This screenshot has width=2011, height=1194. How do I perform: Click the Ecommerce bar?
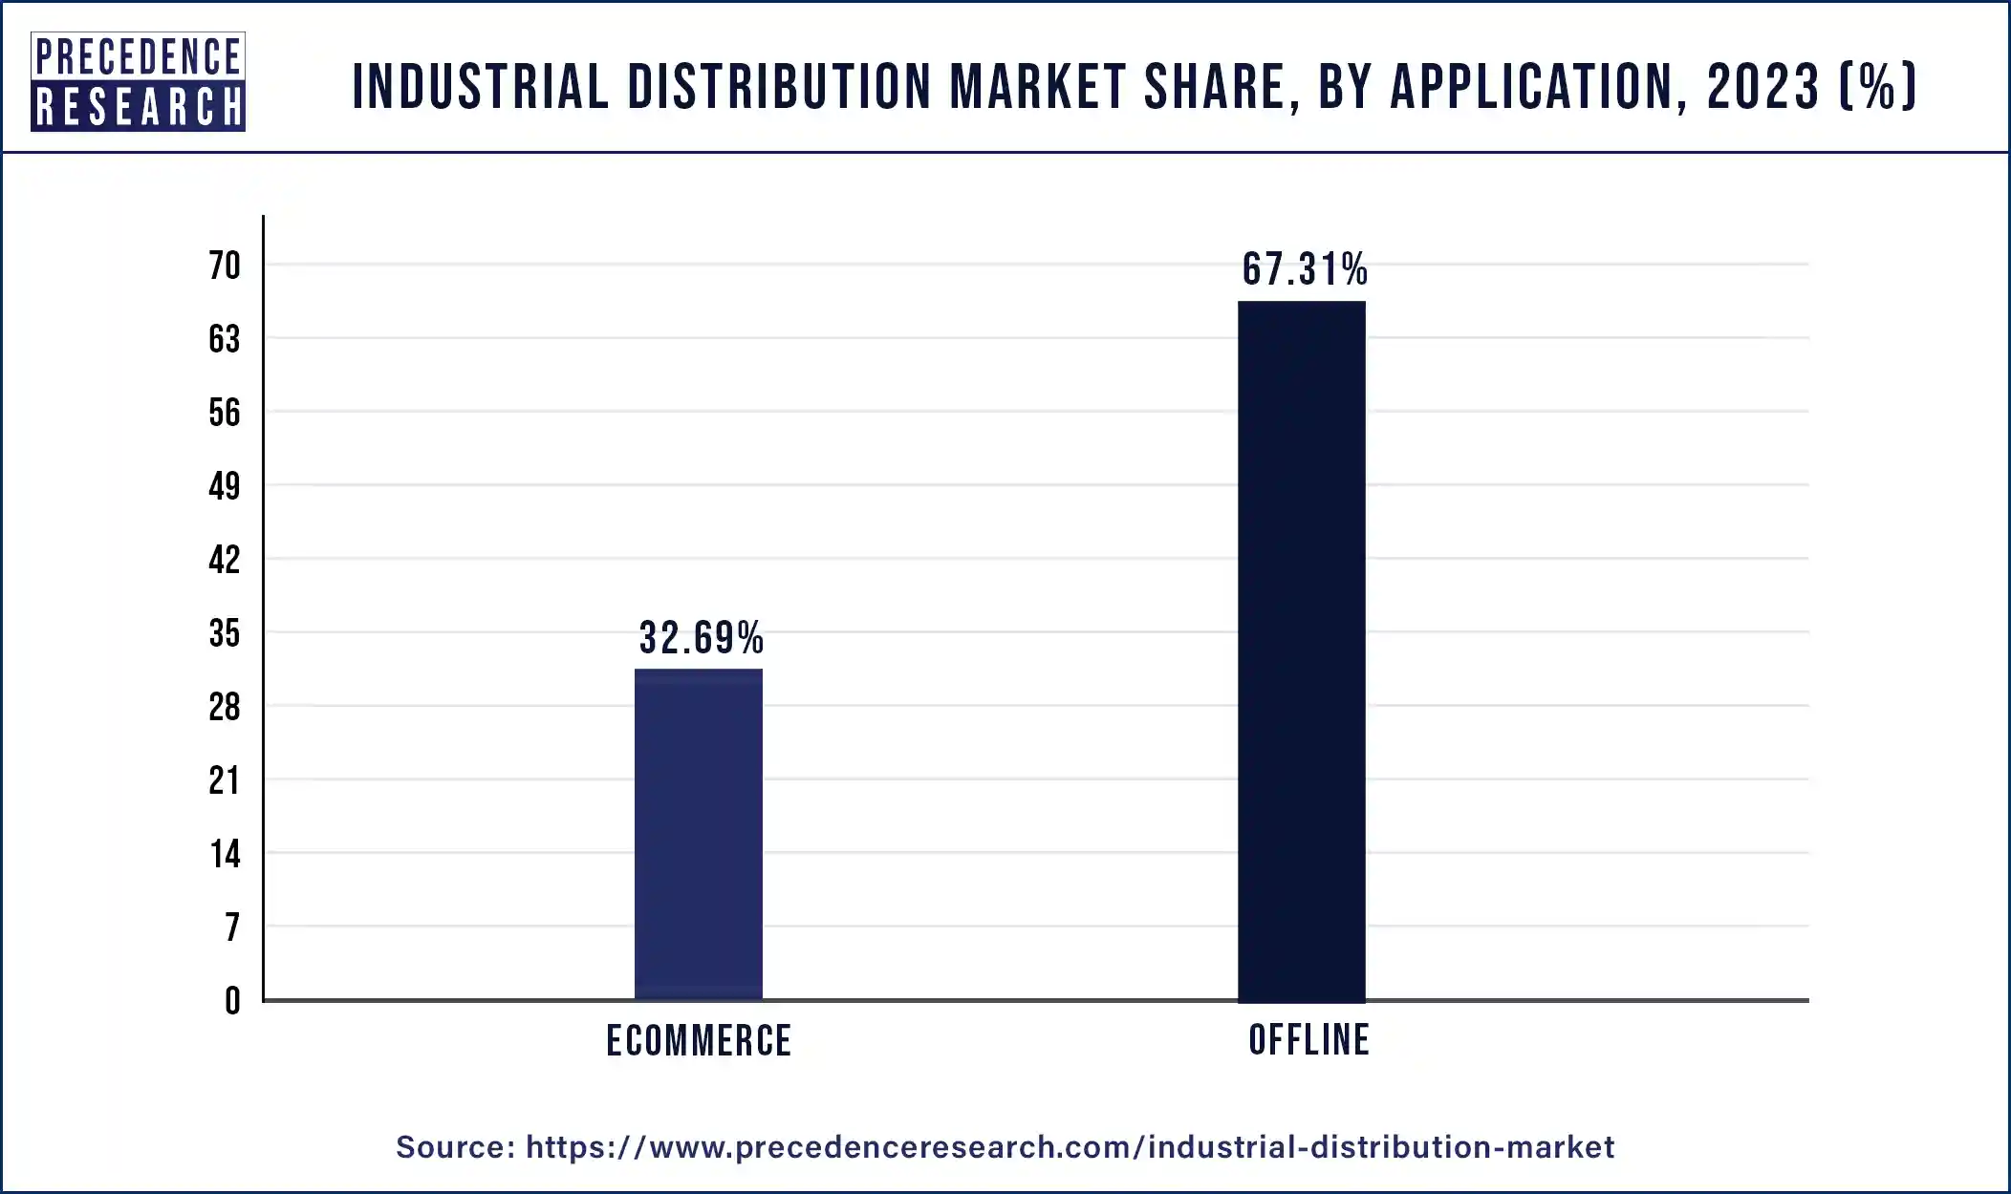(699, 834)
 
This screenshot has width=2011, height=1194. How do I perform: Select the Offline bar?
(1301, 650)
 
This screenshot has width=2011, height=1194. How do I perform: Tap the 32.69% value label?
(701, 638)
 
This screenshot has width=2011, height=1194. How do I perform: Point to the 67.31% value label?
(1305, 269)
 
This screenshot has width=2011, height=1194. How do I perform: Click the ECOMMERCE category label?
(699, 1040)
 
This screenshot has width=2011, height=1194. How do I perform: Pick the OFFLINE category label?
(1308, 1039)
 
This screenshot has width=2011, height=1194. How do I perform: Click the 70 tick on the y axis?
(225, 266)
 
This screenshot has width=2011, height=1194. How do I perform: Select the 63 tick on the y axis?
(225, 339)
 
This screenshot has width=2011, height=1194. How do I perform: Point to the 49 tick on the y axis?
(225, 486)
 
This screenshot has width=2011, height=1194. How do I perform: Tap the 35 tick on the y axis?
(225, 633)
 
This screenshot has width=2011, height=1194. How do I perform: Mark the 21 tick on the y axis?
(225, 780)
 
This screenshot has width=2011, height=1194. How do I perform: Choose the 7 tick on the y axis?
(232, 927)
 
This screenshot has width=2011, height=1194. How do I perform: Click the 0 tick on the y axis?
(232, 1001)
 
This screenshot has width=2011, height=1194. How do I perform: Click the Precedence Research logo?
(138, 81)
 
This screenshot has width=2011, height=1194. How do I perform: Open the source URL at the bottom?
(1070, 1146)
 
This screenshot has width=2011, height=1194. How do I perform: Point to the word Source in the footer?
(456, 1146)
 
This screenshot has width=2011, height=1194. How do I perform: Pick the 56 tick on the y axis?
(225, 413)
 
